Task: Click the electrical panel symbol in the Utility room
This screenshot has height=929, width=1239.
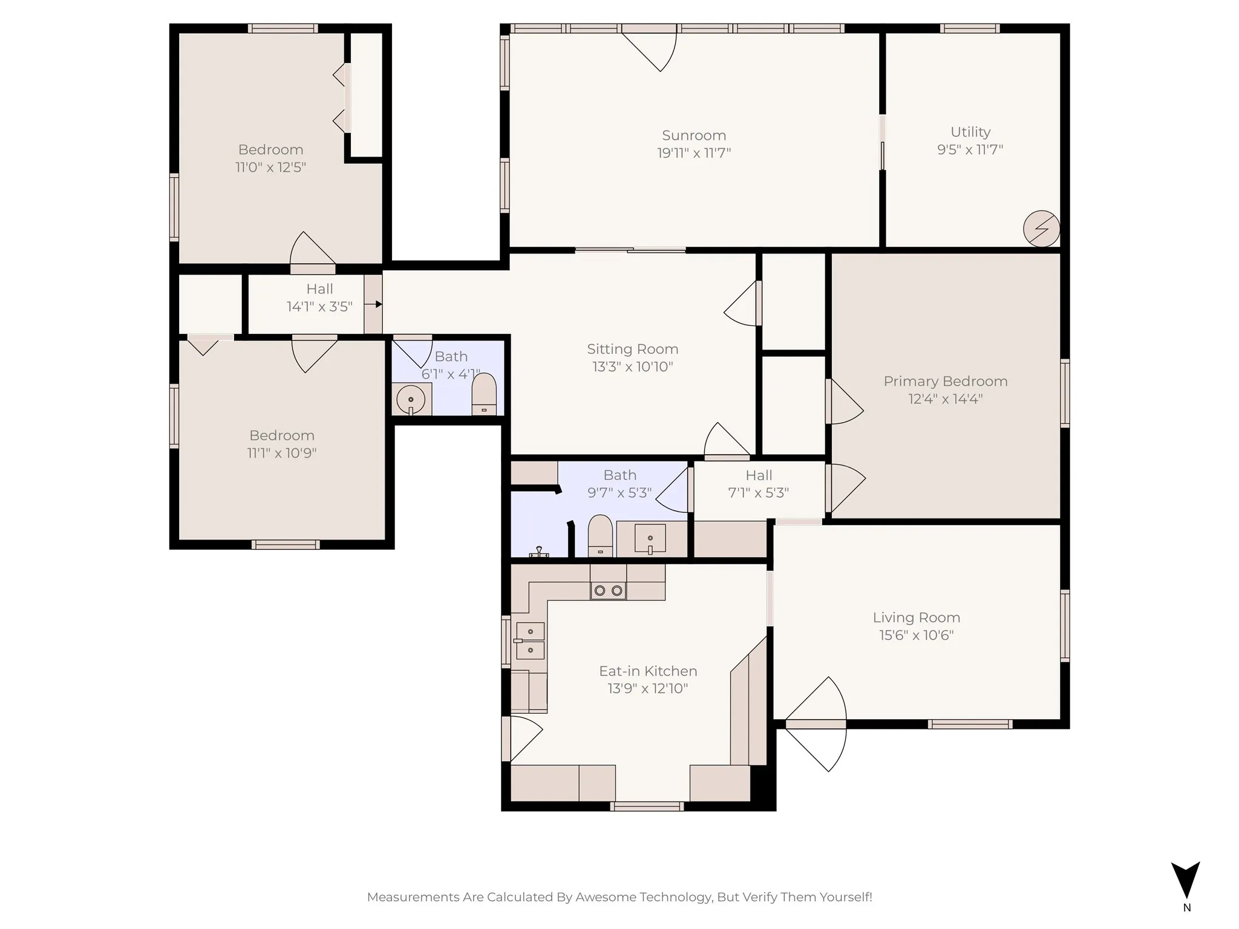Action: click(1041, 229)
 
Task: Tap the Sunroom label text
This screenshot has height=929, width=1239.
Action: click(694, 135)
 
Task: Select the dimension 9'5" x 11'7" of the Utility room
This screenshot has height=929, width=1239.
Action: click(970, 149)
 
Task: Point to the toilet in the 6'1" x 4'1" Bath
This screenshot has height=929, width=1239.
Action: click(483, 394)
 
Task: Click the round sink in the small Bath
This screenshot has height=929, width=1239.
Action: click(411, 400)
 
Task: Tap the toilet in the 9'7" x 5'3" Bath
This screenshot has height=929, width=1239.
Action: click(600, 535)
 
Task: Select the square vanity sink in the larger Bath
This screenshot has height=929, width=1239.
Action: click(650, 538)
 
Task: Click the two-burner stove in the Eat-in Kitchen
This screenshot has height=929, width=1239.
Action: click(608, 590)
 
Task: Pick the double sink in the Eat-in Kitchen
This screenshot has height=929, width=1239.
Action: click(530, 641)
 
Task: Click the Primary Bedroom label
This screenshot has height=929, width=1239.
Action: click(945, 382)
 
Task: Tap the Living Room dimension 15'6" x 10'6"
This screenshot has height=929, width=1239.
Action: click(916, 635)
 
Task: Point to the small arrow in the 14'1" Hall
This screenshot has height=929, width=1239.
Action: click(378, 304)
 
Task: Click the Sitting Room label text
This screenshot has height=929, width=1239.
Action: click(632, 349)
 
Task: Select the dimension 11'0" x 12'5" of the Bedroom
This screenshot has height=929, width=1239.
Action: click(270, 167)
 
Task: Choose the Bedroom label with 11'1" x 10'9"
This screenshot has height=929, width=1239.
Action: click(281, 435)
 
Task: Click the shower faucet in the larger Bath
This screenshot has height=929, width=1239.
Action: click(538, 551)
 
